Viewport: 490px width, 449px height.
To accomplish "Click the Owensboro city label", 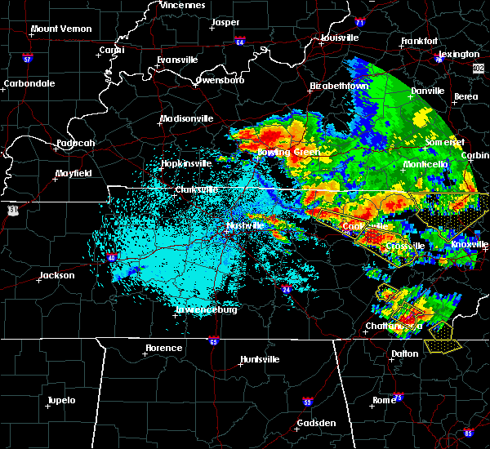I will (x=220, y=81).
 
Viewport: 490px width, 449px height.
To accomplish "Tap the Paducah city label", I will (x=76, y=144).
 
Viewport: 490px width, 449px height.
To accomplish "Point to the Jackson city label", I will (x=57, y=275).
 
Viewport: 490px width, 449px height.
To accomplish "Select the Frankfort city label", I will (x=420, y=41).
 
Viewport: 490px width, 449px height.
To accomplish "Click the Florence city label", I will (x=163, y=348).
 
